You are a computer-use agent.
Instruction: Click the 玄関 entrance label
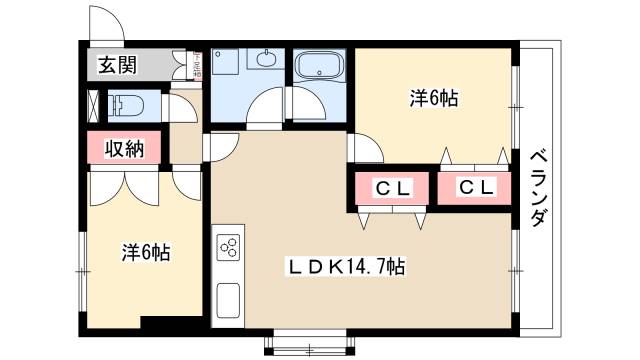[x=117, y=67]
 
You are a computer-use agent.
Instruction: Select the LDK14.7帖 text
[x=346, y=267]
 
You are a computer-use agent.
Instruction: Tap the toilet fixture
[x=124, y=104]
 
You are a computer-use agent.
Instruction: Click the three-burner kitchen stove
[x=228, y=247]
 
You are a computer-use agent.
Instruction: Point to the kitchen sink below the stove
[x=227, y=298]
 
